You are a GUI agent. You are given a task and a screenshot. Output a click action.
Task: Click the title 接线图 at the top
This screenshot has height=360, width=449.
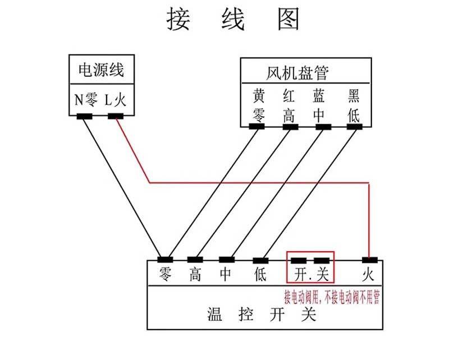coord(233,19)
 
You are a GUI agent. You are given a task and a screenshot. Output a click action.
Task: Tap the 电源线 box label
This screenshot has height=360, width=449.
coord(102,70)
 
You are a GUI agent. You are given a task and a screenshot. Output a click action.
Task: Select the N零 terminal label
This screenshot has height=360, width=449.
coord(86,100)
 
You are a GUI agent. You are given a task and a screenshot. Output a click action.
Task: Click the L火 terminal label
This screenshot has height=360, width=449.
coord(115,100)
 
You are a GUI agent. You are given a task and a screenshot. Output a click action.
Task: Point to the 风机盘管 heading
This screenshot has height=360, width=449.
coord(297,73)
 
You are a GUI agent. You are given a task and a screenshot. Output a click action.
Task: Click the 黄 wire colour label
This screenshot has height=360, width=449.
coord(259,95)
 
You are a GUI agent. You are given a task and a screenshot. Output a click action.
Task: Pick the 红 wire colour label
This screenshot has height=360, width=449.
coord(288,95)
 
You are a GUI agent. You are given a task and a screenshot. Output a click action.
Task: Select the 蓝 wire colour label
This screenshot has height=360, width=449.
coord(319,95)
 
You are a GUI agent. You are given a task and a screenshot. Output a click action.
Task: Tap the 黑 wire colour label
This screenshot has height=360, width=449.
coord(354,95)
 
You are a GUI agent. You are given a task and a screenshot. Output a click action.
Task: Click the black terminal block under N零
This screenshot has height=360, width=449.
coord(85,117)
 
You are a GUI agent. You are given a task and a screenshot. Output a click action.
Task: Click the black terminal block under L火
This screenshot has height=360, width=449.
coord(116,116)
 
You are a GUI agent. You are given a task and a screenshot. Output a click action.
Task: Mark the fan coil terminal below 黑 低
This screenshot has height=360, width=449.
coord(355,127)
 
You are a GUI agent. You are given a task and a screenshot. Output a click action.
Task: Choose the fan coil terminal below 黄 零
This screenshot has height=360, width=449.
coord(256,126)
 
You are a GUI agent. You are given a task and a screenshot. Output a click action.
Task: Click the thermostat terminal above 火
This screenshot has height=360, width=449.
coord(370,260)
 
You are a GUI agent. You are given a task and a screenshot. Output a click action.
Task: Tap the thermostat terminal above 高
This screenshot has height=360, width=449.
coord(195,260)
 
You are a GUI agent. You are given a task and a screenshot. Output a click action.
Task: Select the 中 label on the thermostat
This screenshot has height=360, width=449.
coord(226,274)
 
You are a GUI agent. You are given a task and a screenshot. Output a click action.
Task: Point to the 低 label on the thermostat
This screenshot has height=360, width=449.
coord(260,274)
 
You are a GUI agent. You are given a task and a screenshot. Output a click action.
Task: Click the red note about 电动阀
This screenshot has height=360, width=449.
coord(332,297)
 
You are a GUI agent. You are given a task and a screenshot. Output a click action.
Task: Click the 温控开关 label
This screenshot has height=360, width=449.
coord(262,314)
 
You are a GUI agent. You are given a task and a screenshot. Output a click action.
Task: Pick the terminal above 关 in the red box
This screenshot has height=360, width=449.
coord(322,261)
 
